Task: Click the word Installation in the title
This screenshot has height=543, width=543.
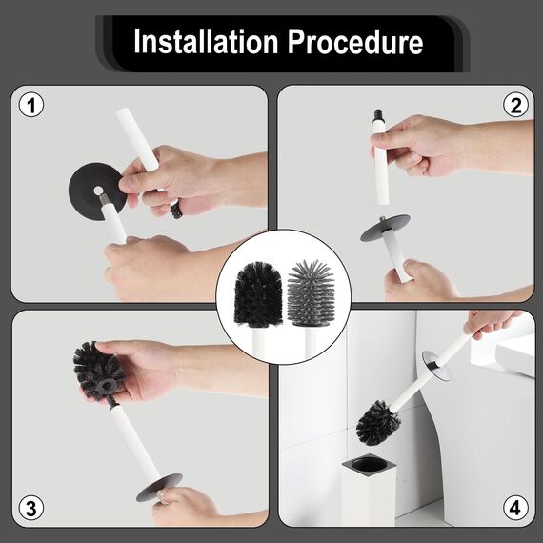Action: coord(202,43)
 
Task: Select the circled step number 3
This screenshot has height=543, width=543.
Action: coord(31,508)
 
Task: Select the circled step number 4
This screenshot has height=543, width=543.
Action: coord(516,508)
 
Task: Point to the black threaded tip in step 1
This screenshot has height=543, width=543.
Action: coord(175,209)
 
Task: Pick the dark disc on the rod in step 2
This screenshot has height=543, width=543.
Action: coord(384,227)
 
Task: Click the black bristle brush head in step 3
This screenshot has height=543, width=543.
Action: coord(99,370)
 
